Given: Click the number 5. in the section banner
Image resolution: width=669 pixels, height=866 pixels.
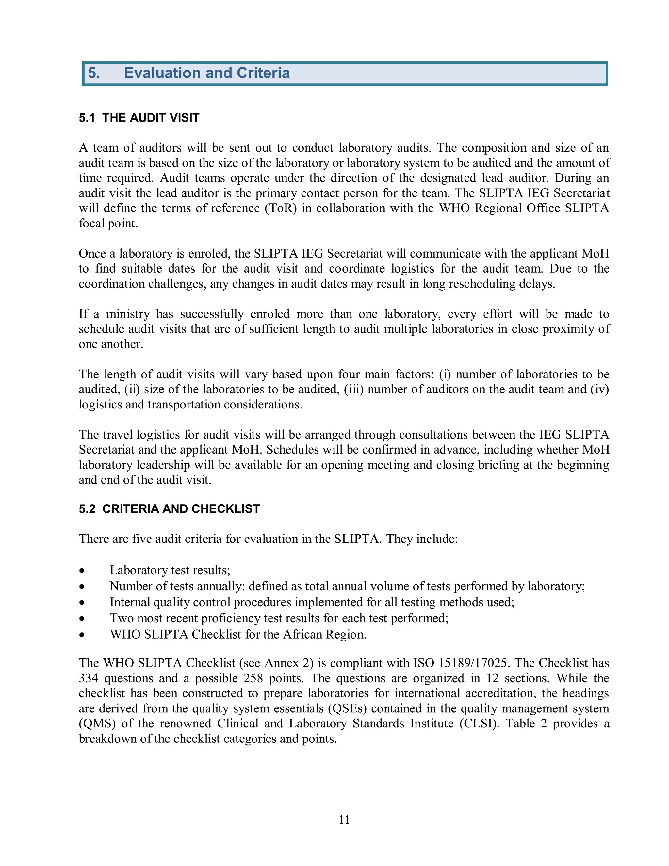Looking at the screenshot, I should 94,73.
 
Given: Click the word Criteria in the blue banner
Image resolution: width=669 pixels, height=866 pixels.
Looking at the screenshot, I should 263,73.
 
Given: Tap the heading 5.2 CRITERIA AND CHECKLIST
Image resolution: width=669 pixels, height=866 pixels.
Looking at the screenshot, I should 169,509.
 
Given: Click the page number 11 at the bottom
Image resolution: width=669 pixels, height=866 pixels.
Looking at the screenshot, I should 344,819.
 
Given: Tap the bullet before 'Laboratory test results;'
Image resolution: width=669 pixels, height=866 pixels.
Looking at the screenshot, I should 82,571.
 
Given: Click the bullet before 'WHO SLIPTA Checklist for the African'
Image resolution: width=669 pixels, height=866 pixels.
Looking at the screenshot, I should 82,635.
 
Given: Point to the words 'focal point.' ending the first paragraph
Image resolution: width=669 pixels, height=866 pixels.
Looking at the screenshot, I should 108,223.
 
